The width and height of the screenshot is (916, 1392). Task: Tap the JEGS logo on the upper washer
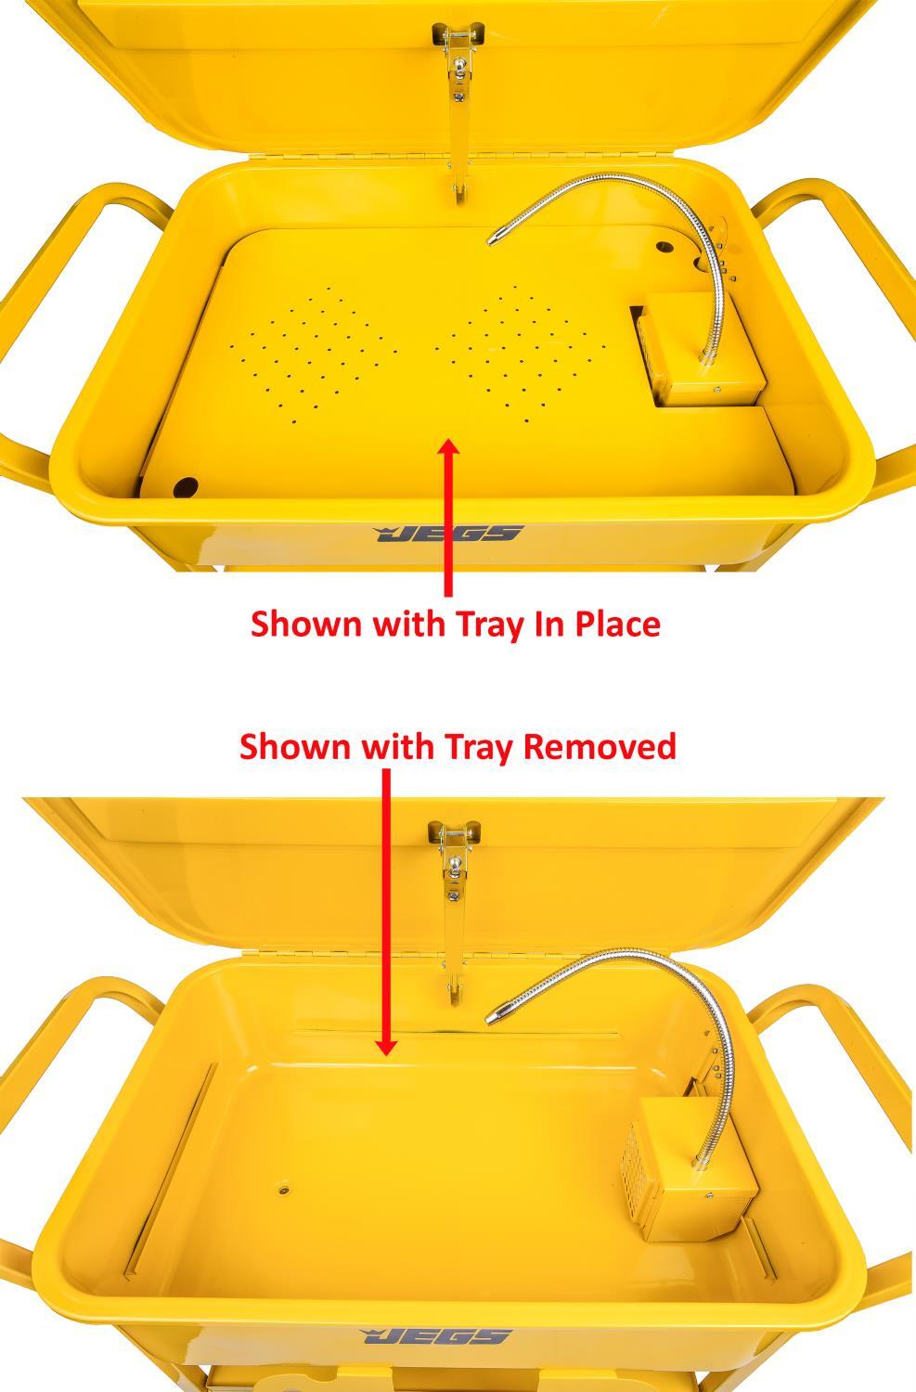[x=449, y=534]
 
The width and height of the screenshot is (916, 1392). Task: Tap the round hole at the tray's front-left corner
[x=186, y=485]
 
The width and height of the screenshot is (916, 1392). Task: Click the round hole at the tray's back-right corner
[x=664, y=250]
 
